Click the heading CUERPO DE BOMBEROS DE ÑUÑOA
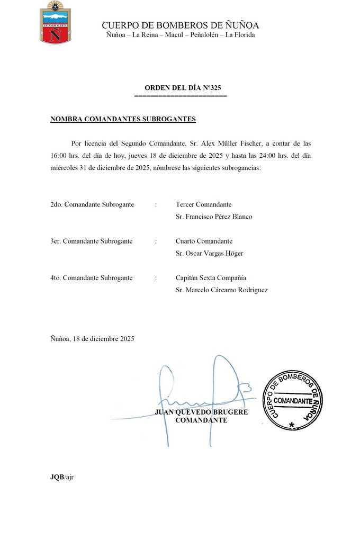(x=180, y=25)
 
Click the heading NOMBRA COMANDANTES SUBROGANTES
(x=123, y=119)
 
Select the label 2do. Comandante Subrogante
(x=92, y=204)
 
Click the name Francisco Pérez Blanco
(x=214, y=217)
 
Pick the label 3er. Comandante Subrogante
(x=91, y=241)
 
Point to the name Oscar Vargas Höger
(x=209, y=253)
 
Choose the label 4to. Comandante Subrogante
(x=91, y=277)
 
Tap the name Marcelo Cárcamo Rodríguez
(x=221, y=290)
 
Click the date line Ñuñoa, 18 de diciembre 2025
(x=92, y=338)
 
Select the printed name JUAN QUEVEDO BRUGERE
(x=201, y=412)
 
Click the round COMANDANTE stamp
(x=293, y=400)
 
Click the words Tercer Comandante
(x=203, y=204)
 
